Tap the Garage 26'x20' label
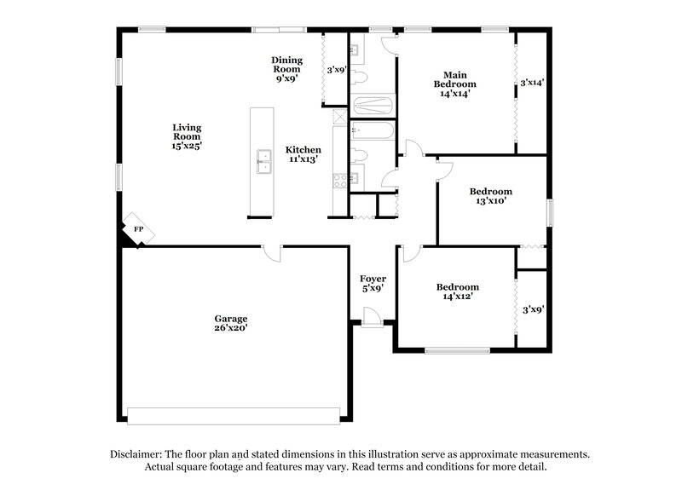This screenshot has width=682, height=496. click(x=230, y=323)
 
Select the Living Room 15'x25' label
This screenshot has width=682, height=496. click(x=187, y=136)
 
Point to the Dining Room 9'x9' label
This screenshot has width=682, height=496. click(x=286, y=69)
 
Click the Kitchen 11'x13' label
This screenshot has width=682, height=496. click(x=303, y=154)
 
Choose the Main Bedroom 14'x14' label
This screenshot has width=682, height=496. click(x=454, y=84)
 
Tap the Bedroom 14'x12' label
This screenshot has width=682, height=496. click(x=457, y=291)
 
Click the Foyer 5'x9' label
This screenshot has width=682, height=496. click(x=373, y=283)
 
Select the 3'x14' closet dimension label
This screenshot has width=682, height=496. click(x=532, y=84)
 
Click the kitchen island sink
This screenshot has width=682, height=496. click(x=263, y=160)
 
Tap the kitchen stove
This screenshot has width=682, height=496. click(x=339, y=179)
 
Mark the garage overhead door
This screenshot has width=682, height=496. click(x=233, y=416)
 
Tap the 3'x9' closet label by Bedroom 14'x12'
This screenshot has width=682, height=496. click(x=533, y=310)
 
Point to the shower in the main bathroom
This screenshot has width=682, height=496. click(x=373, y=107)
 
